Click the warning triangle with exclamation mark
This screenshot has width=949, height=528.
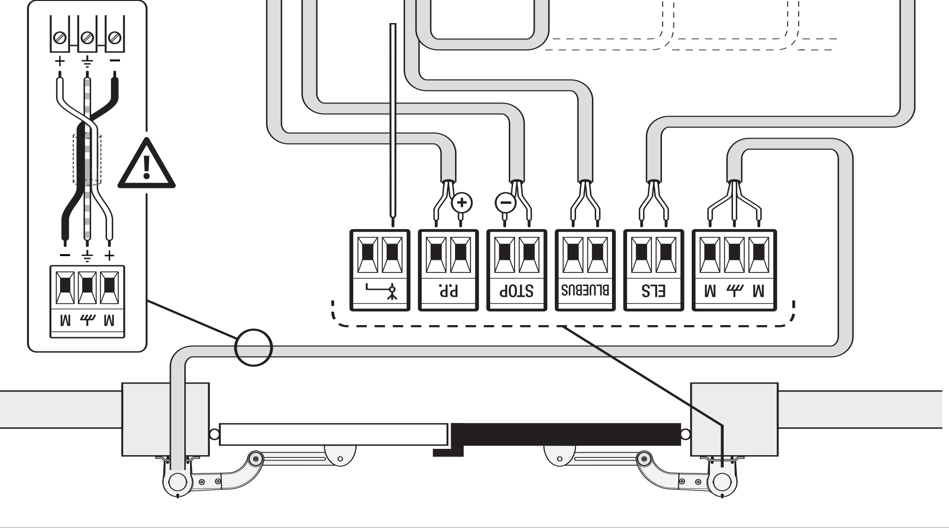[x=147, y=164]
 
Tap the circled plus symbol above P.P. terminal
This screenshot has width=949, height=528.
[x=462, y=202]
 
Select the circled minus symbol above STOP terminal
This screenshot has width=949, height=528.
[x=505, y=202]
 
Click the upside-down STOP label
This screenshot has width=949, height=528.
[x=517, y=291]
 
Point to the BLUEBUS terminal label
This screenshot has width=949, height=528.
[x=585, y=290]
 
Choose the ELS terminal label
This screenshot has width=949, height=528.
[x=653, y=291]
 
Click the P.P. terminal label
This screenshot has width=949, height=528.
[x=448, y=291]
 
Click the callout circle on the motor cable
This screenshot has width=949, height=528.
[x=253, y=348]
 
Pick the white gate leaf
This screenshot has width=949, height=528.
[x=333, y=434]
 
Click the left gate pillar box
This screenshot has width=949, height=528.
[x=166, y=419]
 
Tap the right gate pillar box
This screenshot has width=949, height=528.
[x=734, y=419]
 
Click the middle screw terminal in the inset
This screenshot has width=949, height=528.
[x=87, y=37]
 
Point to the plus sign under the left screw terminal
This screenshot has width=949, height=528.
[x=60, y=61]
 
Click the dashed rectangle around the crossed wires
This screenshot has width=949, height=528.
[x=87, y=159]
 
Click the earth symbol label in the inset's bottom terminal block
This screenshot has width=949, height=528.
[x=87, y=320]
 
